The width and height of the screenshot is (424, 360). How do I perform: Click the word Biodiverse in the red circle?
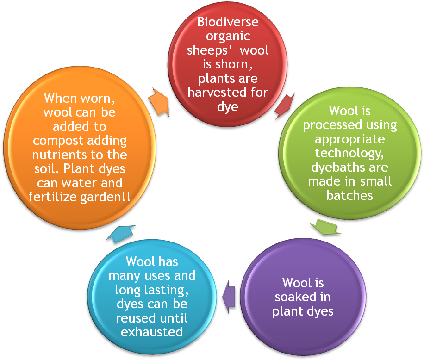[x=228, y=22]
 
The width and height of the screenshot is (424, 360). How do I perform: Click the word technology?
[x=349, y=153]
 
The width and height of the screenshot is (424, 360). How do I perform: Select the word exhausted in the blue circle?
[x=152, y=332]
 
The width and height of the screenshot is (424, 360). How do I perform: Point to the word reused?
[x=137, y=318]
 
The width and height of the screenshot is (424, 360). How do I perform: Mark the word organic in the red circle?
[x=228, y=36]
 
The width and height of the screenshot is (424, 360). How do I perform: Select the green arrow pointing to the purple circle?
[x=325, y=227]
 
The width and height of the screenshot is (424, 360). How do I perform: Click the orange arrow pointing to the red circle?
[x=159, y=99]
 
